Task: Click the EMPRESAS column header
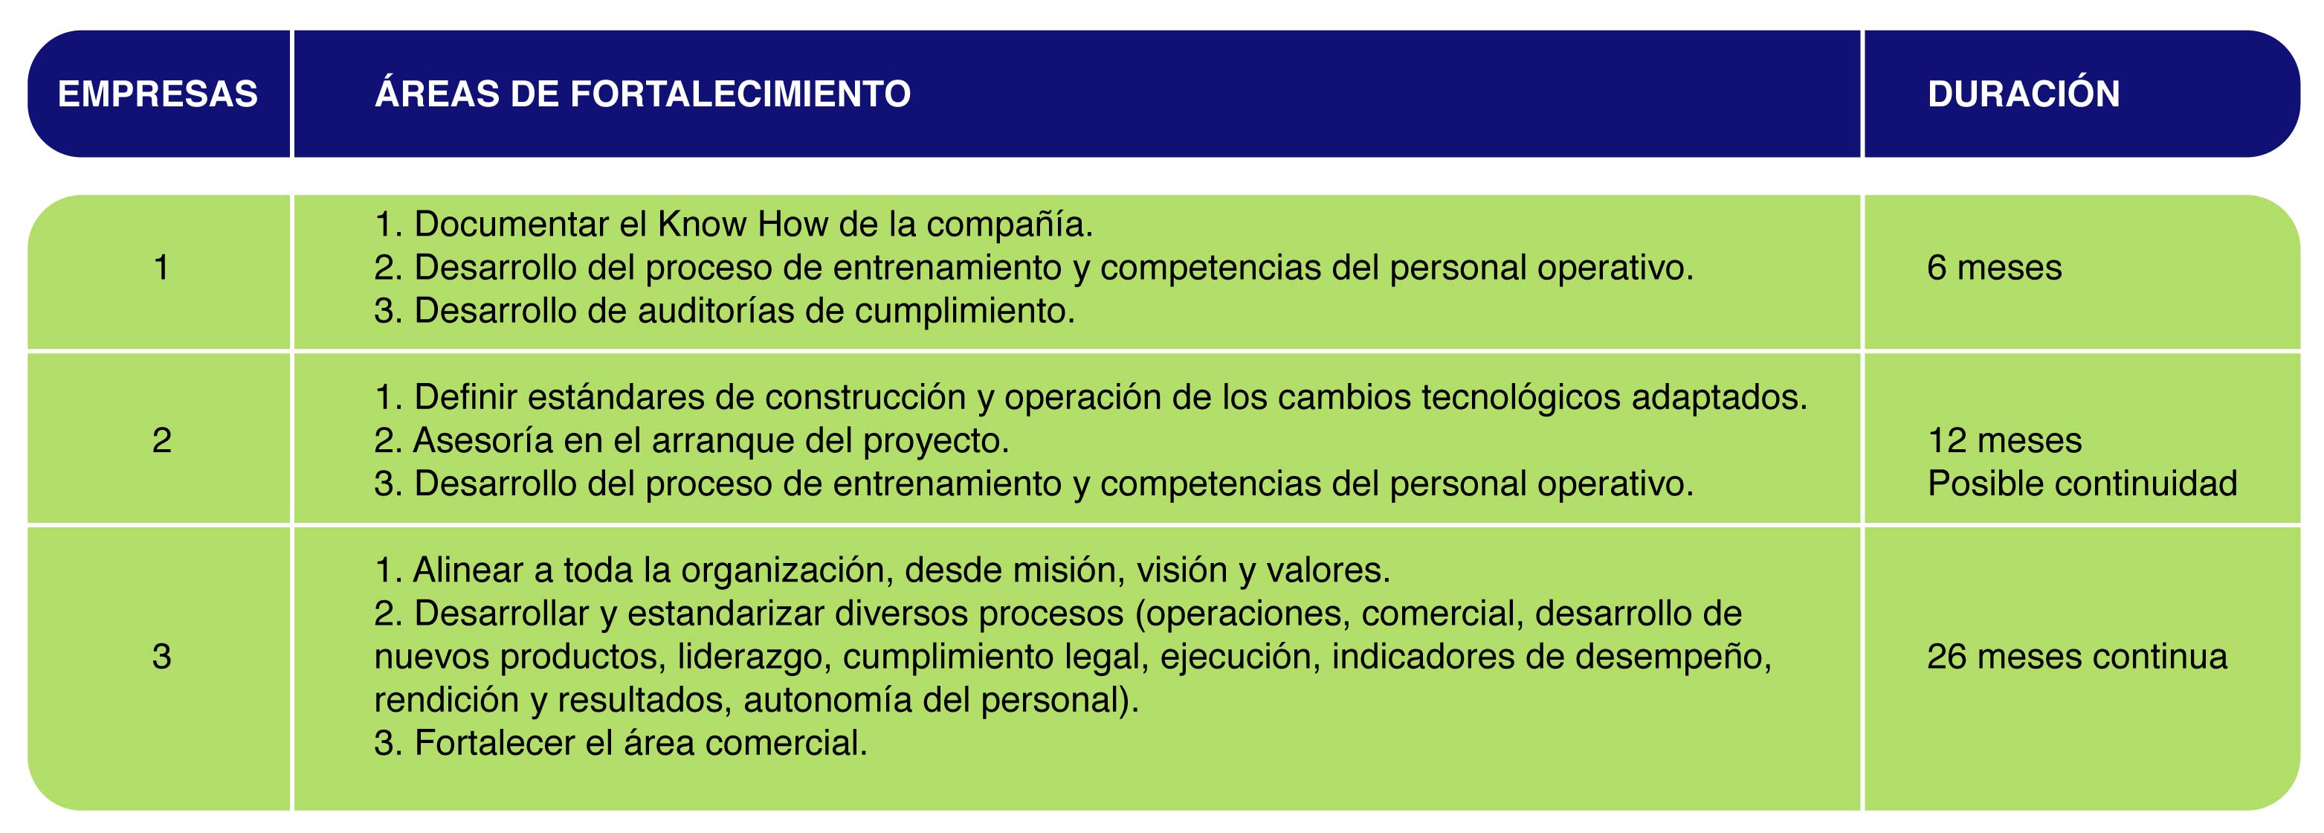tap(158, 94)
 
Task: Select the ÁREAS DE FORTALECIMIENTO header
tap(642, 94)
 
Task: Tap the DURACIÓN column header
tap(2024, 94)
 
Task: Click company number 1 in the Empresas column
tap(161, 267)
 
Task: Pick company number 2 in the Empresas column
tap(161, 440)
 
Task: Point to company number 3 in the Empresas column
tap(161, 656)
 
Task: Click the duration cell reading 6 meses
tap(1995, 267)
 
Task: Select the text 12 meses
tap(2004, 440)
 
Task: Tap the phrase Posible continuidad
tap(2083, 483)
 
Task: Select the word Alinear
tap(468, 570)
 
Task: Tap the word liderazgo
tap(754, 656)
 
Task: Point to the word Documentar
tap(511, 224)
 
